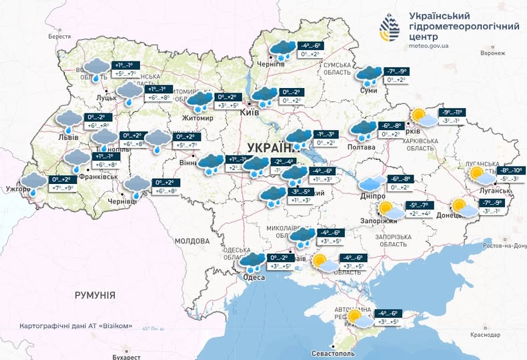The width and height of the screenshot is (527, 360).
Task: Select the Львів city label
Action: pyautogui.click(x=68, y=137)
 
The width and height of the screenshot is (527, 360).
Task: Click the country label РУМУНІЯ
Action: pyautogui.click(x=95, y=295)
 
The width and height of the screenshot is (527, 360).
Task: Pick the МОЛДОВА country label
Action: pyautogui.click(x=193, y=240)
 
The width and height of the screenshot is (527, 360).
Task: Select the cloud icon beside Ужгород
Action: pyautogui.click(x=33, y=182)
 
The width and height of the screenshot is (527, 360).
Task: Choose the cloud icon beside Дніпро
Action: pyautogui.click(x=371, y=183)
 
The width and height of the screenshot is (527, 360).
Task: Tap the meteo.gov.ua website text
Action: pyautogui.click(x=429, y=45)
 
